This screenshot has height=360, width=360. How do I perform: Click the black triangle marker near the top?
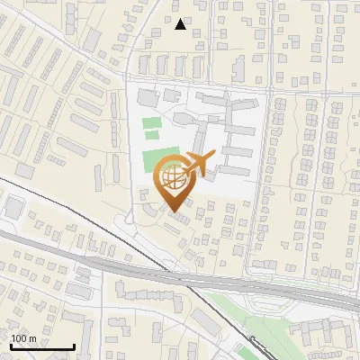click(181, 24)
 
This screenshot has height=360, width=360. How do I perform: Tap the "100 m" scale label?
click(23, 338)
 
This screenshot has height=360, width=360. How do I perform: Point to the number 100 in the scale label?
click(19, 338)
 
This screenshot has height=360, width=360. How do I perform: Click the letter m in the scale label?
click(32, 338)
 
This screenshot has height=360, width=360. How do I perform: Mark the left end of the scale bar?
click(11, 346)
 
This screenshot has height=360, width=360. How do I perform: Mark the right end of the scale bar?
click(74, 346)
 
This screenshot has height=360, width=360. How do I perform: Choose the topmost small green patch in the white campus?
click(151, 122)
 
